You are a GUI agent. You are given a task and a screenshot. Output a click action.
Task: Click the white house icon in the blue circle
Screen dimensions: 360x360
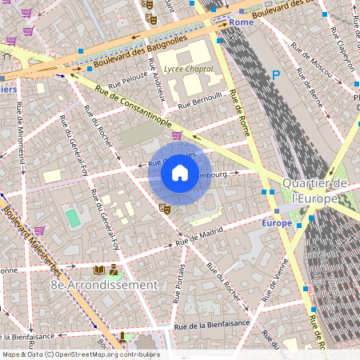180,173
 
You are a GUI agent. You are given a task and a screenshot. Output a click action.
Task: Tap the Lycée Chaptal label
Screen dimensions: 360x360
188,70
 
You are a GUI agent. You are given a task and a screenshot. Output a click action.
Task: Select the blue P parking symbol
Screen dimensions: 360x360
276,74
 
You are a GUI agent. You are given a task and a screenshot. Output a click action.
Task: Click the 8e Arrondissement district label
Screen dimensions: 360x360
104,285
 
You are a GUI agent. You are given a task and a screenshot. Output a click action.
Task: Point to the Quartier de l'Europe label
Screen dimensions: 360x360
314,190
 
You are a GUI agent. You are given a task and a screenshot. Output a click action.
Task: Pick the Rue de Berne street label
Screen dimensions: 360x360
313,95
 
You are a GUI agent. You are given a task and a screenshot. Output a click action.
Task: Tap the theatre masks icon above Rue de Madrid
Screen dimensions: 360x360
166,207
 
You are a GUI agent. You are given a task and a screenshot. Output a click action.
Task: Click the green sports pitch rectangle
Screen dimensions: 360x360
74,218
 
